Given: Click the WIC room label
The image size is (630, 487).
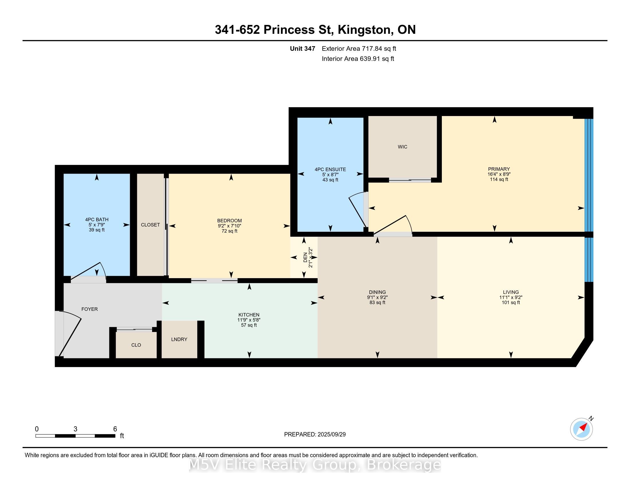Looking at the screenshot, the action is pos(402,147).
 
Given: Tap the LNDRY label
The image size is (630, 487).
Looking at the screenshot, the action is pos(179,339).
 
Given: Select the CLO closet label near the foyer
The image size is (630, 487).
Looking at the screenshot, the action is pos(136,345).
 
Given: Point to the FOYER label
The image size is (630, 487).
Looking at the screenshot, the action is pos(89,309).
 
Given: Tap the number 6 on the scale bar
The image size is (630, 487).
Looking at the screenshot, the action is pos(115,429).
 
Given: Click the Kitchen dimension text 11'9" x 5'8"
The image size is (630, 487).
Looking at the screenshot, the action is pos(249,320).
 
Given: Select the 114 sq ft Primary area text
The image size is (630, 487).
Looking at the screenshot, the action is pos(499,179).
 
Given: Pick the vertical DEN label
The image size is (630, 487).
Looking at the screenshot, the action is pos(305,257).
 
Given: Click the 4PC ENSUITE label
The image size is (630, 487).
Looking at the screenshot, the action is pos(330,169).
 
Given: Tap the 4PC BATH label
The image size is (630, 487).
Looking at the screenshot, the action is pos(97,219).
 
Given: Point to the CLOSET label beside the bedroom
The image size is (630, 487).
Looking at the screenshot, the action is pos(150,225).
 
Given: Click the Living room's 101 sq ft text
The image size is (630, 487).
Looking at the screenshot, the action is pos(511,303).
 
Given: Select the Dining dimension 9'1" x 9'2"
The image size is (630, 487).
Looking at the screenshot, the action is pos(377,297).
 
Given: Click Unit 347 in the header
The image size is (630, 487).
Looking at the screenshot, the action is pos(303,49).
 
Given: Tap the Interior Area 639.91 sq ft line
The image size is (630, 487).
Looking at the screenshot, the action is pos(358,59).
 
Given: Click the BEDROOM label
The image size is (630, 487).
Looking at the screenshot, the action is pos(230,221).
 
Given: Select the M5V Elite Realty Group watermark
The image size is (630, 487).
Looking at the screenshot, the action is pos(315,465).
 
